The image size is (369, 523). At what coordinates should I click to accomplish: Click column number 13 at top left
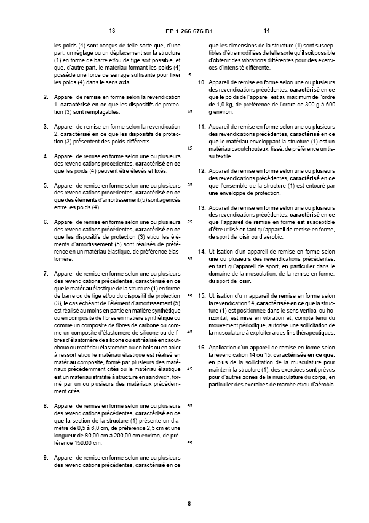tap(112, 30)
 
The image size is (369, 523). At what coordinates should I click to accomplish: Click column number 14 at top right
tap(266, 30)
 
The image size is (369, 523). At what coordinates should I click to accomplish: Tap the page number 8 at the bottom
tap(189, 504)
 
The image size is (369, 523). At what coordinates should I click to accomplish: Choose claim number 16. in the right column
tap(201, 348)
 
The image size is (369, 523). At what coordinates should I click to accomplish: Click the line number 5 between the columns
tap(191, 75)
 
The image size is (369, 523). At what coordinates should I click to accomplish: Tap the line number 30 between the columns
tap(190, 258)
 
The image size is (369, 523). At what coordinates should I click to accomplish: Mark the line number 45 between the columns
tap(190, 369)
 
